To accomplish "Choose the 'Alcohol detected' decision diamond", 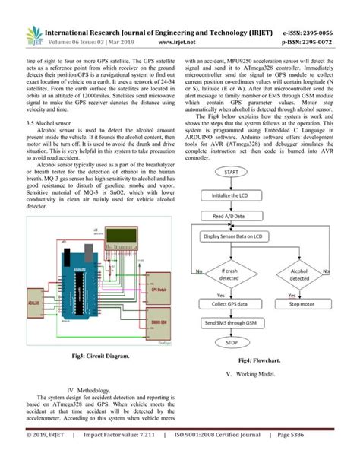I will (x=298, y=274).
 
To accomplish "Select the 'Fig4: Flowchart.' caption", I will (x=263, y=360).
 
